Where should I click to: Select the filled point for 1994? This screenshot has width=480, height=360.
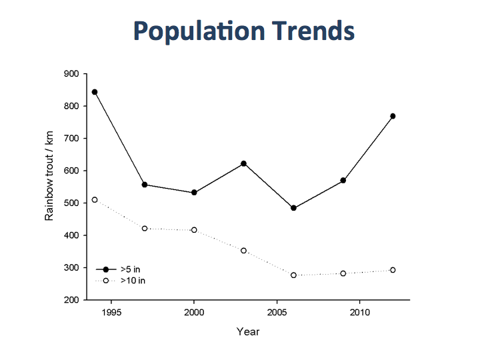pos(95,92)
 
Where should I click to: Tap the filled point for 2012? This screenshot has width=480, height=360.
pos(393,116)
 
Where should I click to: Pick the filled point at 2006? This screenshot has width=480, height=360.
pos(293,208)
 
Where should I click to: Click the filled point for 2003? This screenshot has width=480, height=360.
pos(244,163)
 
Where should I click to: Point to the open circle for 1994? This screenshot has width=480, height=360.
pos(95,200)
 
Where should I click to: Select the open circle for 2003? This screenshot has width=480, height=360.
pos(244,251)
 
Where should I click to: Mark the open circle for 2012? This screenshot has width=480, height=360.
pos(393,270)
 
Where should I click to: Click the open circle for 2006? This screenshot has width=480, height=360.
pos(293,275)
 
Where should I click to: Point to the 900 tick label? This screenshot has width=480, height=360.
pos(71,74)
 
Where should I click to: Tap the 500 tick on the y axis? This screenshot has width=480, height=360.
pos(71,203)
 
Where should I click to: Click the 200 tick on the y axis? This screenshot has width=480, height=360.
pos(71,300)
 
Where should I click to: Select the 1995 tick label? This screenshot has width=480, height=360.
pos(111,312)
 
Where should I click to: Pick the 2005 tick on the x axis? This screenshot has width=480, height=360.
pos(277,312)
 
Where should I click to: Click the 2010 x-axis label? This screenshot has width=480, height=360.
pos(359,312)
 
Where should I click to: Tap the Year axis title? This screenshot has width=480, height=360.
pos(248,331)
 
